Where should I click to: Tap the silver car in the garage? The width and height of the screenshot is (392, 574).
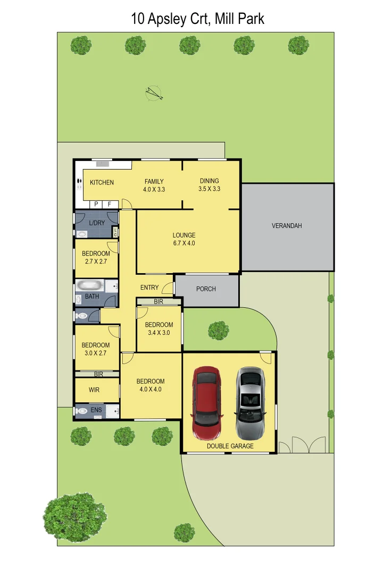(x=251, y=395)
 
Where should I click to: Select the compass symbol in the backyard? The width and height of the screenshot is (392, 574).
(x=154, y=93)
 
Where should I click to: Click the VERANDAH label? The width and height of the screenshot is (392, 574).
(x=287, y=226)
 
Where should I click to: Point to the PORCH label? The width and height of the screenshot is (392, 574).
(x=206, y=289)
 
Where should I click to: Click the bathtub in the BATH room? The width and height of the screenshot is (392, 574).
(x=89, y=285)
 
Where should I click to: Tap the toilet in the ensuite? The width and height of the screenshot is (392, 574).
(x=82, y=411)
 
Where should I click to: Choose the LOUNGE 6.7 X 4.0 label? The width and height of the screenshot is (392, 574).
(x=184, y=239)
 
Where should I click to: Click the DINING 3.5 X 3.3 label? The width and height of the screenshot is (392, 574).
(x=209, y=184)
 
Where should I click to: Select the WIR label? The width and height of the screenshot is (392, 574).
(x=94, y=390)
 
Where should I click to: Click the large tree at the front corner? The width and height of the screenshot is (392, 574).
(x=75, y=517)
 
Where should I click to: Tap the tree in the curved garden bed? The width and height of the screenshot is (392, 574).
(x=218, y=330)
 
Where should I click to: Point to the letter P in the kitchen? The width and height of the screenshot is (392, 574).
(x=96, y=204)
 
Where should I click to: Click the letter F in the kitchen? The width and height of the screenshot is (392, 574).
(x=110, y=204)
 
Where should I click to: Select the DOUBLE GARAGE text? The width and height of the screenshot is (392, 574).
(x=230, y=446)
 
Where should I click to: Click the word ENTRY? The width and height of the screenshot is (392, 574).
(x=149, y=288)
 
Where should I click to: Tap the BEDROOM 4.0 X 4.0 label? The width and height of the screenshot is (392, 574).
(x=151, y=385)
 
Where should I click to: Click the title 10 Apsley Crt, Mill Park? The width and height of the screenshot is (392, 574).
(x=197, y=19)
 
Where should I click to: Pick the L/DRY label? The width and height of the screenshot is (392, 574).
(x=97, y=223)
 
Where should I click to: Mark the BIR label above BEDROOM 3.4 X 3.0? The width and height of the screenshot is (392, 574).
(x=159, y=301)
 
